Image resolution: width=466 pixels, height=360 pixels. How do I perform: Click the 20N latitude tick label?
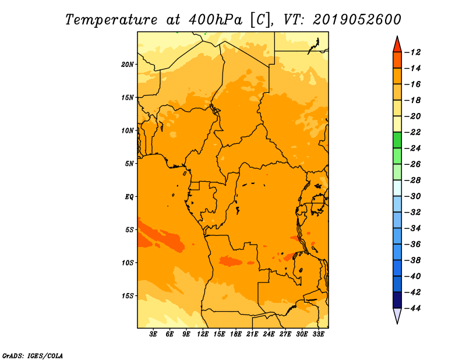127,65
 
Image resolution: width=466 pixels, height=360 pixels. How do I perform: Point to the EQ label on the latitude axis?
129,197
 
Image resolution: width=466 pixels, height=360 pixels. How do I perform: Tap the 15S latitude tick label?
127,296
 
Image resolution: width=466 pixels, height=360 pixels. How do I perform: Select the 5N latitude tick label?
129,164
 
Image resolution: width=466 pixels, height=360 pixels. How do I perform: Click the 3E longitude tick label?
153,334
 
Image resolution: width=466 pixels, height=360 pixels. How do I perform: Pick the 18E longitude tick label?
236,334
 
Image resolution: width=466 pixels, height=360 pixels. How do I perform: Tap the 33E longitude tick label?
318,334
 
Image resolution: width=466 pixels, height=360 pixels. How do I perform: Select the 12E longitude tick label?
203,334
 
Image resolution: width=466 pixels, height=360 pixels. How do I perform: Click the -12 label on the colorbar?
413,52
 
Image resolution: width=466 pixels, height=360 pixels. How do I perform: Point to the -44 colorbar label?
413,308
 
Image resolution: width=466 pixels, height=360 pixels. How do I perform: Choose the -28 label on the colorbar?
413,181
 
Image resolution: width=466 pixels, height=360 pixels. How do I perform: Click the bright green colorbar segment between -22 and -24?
397,140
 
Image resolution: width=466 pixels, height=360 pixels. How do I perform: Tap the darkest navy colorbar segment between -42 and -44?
397,300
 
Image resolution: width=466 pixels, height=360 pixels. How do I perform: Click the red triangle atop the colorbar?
397,45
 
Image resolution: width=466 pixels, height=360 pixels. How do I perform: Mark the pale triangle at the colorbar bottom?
397,315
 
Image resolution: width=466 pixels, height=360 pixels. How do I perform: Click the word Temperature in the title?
111,20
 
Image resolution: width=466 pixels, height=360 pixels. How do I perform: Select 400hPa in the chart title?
215,20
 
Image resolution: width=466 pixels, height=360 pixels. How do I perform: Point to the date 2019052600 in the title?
357,20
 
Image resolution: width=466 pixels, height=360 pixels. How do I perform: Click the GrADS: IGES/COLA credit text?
33,356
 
